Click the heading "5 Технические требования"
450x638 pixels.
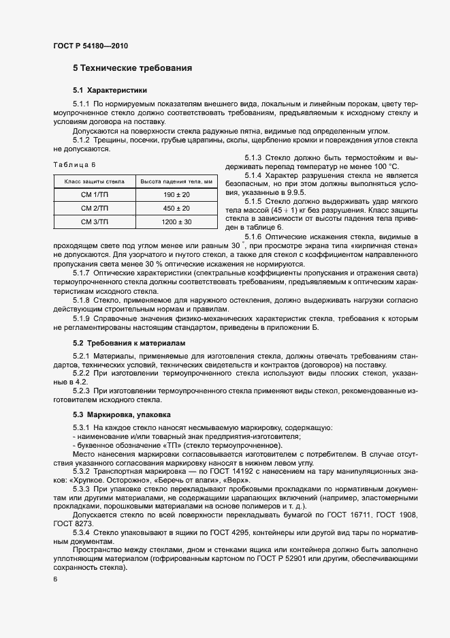132,68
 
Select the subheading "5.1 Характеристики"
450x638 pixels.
110,91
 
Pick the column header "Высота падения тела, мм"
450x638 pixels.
176,182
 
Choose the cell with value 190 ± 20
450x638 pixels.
176,195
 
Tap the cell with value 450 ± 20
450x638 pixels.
176,209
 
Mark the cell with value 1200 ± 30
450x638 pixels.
176,222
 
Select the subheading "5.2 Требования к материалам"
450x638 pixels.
129,343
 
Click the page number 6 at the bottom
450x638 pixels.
55,579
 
